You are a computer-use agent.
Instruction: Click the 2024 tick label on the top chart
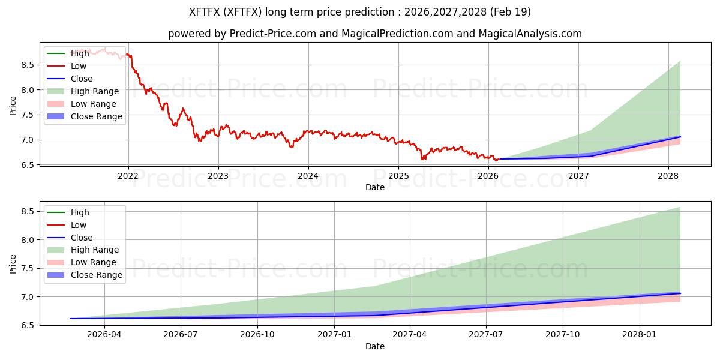[x=308, y=176]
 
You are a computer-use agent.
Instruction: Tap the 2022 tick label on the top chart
[x=128, y=176]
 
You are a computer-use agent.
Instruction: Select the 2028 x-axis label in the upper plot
[x=668, y=176]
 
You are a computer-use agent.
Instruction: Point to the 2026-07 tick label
[x=180, y=335]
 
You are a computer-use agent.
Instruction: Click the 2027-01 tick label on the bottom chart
[x=334, y=335]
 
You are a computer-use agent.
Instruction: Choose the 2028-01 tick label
[x=639, y=335]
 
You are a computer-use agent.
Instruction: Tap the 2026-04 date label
[x=104, y=335]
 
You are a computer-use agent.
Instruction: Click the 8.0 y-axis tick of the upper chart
[x=28, y=90]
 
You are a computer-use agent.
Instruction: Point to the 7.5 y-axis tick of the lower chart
[x=28, y=268]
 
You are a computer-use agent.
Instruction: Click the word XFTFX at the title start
[x=205, y=12]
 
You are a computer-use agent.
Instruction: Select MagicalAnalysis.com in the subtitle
[x=530, y=34]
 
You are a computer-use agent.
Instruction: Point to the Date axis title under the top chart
[x=375, y=187]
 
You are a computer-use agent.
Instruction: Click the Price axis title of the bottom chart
[x=13, y=264]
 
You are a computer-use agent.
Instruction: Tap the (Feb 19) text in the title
[x=510, y=12]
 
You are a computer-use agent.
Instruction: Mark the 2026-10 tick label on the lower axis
[x=257, y=335]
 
